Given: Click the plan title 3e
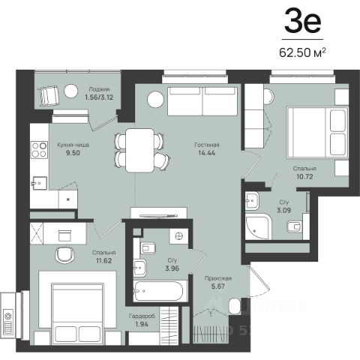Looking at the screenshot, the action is (x=302, y=21).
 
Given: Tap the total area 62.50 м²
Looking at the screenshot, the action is (x=302, y=52).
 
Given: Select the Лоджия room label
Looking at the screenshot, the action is (x=99, y=89).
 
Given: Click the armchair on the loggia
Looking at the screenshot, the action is (x=49, y=95).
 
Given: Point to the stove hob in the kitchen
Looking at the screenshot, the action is (x=39, y=149).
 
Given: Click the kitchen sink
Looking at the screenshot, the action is (x=40, y=183).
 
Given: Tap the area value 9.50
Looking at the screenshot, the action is (x=73, y=153).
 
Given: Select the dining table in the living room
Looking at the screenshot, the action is (x=139, y=150).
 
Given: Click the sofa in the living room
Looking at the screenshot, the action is (x=202, y=101).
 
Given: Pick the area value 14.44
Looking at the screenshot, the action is (x=206, y=153).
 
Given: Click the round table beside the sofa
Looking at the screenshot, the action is (x=155, y=100).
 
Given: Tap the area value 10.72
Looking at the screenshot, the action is (x=304, y=176).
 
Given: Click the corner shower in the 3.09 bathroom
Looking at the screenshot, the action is (x=258, y=226).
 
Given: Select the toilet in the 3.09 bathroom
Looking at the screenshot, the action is (x=294, y=226).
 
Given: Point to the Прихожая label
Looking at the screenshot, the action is (x=218, y=278).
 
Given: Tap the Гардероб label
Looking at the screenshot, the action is (x=142, y=316).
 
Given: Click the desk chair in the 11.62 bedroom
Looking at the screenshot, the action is (x=64, y=255).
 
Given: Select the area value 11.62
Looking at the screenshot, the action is (x=103, y=260).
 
